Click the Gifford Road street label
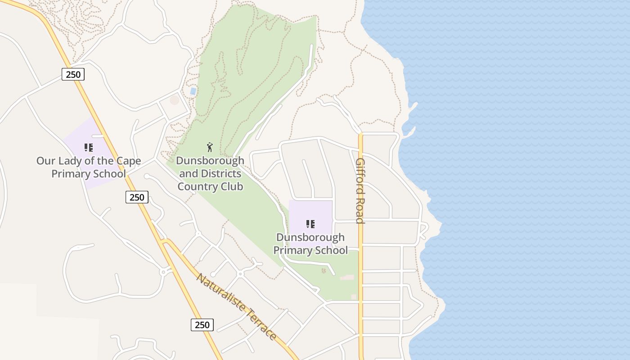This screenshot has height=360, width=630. (360, 190)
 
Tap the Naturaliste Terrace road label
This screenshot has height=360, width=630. (237, 306)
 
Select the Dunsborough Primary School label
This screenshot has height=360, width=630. (310, 243)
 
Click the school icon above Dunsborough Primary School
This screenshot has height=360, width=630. (310, 224)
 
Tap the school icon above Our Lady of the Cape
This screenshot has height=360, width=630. (88, 147)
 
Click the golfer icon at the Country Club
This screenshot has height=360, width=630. (210, 147)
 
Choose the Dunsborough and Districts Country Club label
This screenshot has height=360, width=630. (210, 173)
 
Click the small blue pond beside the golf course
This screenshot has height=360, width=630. (193, 91)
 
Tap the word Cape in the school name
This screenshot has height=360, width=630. (128, 161)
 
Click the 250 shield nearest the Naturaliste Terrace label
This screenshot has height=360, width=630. (202, 324)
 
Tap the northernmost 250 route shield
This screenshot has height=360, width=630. (73, 74)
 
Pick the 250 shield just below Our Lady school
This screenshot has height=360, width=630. (137, 197)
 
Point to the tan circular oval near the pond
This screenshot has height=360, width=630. (175, 100)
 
